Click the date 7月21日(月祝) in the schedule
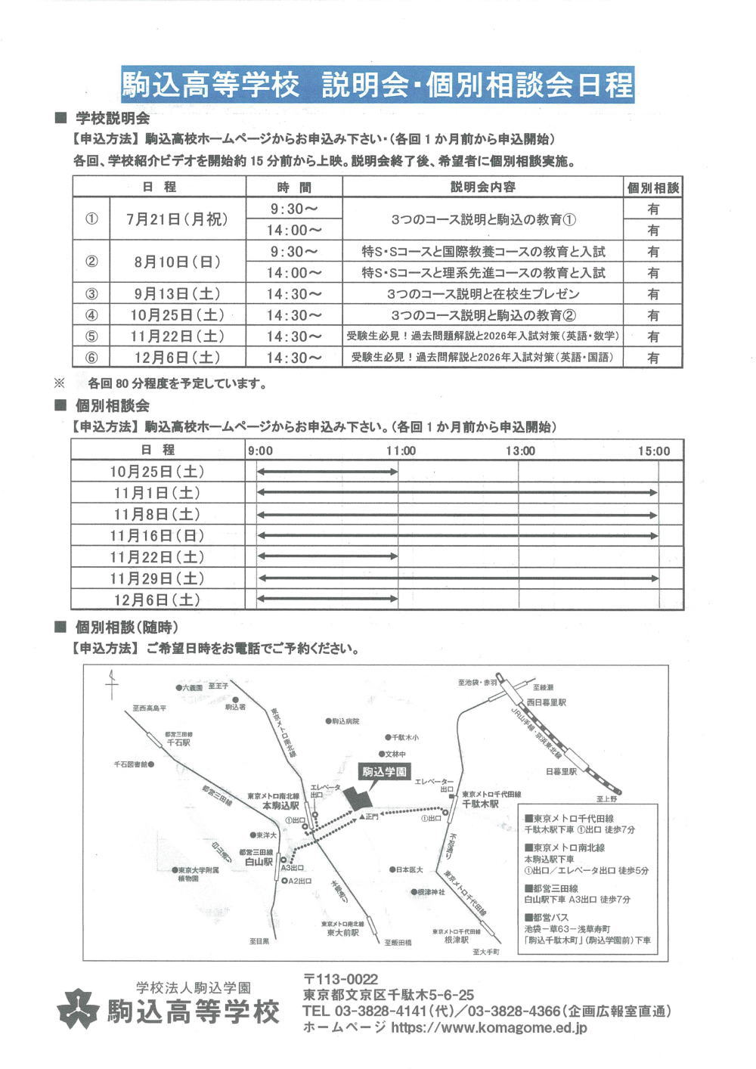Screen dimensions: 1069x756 pyautogui.click(x=177, y=219)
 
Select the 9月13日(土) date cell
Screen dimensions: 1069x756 pyautogui.click(x=177, y=294)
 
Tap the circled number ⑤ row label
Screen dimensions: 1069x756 pyautogui.click(x=91, y=336)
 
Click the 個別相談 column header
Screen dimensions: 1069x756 pyautogui.click(x=652, y=187)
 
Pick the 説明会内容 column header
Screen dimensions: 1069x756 pyautogui.click(x=483, y=187)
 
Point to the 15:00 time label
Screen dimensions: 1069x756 pyautogui.click(x=653, y=451)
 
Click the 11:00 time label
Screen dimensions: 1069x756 pyautogui.click(x=401, y=451)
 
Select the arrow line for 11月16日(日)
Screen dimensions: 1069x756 pyautogui.click(x=457, y=536)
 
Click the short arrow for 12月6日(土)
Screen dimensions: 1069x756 pyautogui.click(x=327, y=600)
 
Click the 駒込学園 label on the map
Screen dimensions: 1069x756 pyautogui.click(x=383, y=772)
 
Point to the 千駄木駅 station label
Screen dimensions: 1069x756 pyautogui.click(x=481, y=804)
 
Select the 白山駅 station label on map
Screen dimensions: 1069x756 pyautogui.click(x=259, y=861)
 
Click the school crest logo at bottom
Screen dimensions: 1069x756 pyautogui.click(x=79, y=1009)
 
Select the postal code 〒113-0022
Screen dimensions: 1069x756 pyautogui.click(x=340, y=979)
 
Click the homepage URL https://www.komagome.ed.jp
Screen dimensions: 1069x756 pyautogui.click(x=490, y=1027)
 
